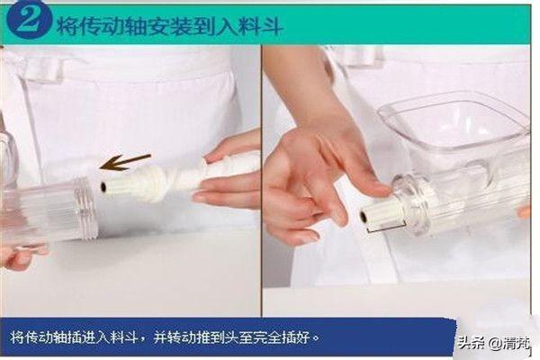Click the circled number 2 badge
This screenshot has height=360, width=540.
click(x=30, y=21)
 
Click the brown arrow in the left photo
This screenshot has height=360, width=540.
click(x=125, y=162)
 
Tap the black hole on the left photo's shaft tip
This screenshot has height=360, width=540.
click(x=103, y=186)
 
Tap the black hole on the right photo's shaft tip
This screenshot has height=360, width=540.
click(x=363, y=216)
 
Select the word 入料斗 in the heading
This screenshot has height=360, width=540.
click(x=249, y=26)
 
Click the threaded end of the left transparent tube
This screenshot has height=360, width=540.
click(x=86, y=208)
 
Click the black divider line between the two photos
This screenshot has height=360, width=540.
click(x=262, y=181)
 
